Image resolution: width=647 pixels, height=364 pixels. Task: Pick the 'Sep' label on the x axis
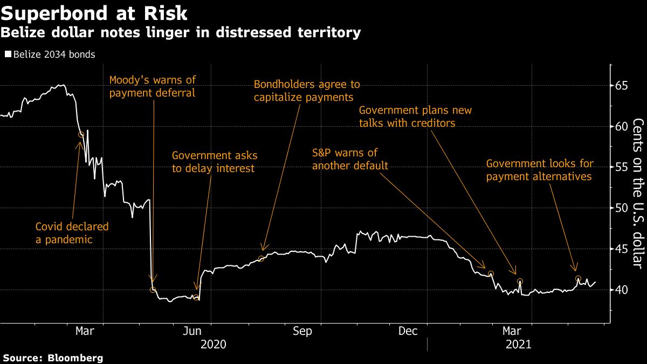coord(302,331)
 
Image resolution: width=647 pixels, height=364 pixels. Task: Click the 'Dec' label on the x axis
coord(408,331)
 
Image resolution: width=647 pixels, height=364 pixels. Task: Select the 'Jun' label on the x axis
coord(193,331)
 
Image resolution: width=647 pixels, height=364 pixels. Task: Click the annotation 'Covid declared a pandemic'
coord(72,233)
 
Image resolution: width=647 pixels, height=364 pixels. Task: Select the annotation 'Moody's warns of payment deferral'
coord(153,86)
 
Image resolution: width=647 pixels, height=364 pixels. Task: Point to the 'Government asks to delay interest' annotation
coord(215,162)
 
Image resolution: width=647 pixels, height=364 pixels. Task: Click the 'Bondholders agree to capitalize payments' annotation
coord(307,91)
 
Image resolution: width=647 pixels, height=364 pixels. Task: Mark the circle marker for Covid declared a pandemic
coord(81,134)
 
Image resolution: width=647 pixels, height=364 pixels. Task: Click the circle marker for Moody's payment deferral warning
coord(153,290)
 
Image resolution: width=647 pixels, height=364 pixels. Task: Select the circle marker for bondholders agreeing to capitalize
coord(261,259)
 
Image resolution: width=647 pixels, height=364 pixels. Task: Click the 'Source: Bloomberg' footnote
coord(53,358)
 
